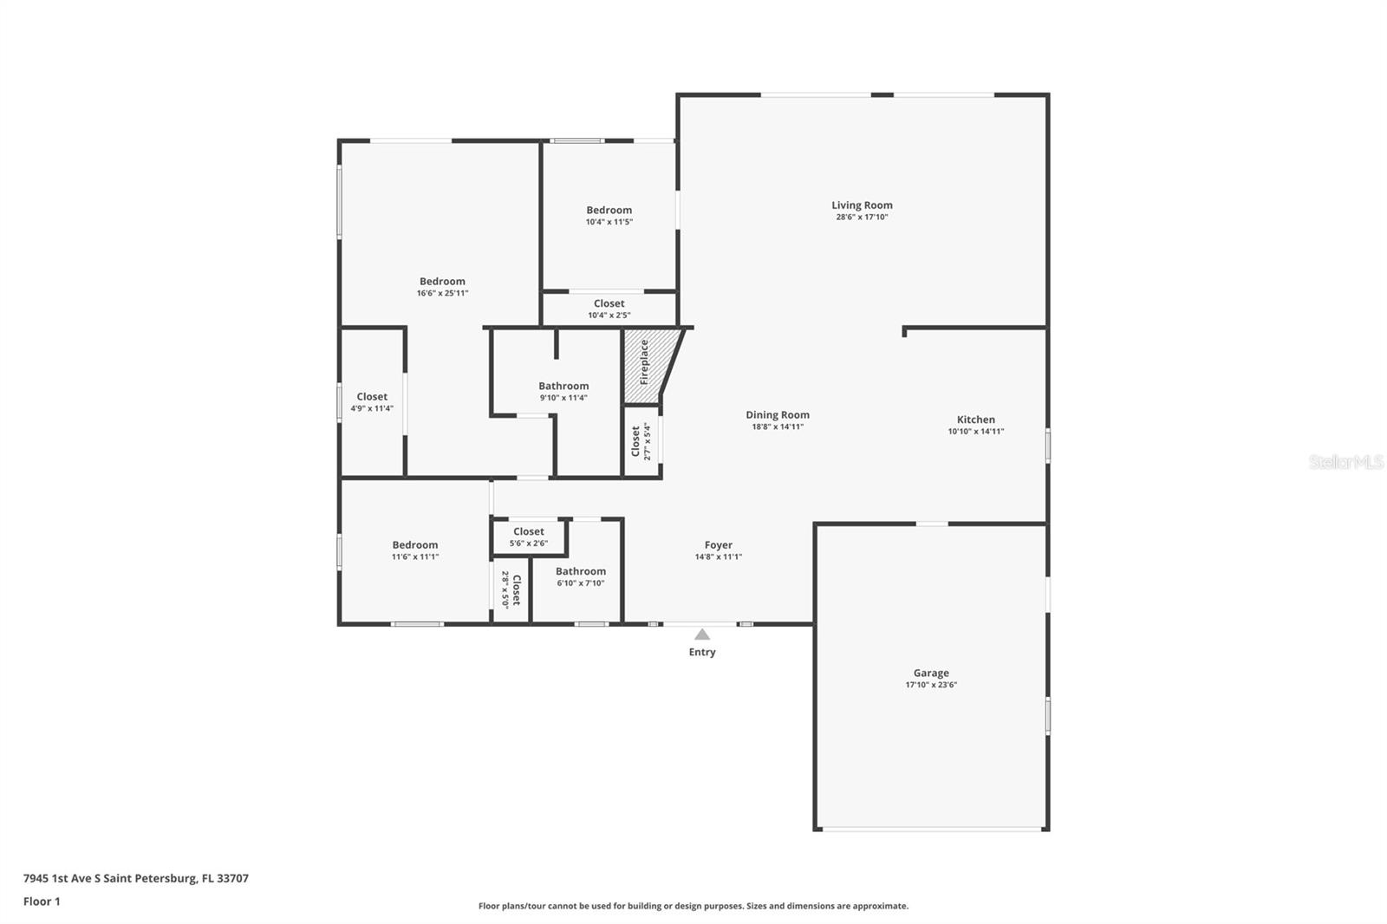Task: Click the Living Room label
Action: tap(862, 205)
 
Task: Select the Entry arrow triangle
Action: tap(702, 634)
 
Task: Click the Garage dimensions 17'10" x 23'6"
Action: tap(931, 685)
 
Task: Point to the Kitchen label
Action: tap(976, 420)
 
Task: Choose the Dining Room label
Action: tap(778, 415)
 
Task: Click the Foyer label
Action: tap(718, 545)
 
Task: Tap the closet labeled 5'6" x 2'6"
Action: tap(529, 537)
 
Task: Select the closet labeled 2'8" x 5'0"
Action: tap(511, 589)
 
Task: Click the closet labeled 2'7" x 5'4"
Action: tap(641, 441)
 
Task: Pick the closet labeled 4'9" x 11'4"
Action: tap(372, 402)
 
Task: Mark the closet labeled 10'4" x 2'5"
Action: tap(609, 309)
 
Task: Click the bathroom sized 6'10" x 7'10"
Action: tap(580, 576)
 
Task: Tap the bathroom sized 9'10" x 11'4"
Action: tap(563, 391)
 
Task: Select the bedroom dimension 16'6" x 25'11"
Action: tap(442, 293)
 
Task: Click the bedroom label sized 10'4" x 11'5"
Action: tap(609, 210)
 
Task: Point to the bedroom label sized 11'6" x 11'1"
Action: tap(414, 545)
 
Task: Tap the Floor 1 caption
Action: tap(42, 901)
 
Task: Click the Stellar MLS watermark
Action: tap(1345, 462)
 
